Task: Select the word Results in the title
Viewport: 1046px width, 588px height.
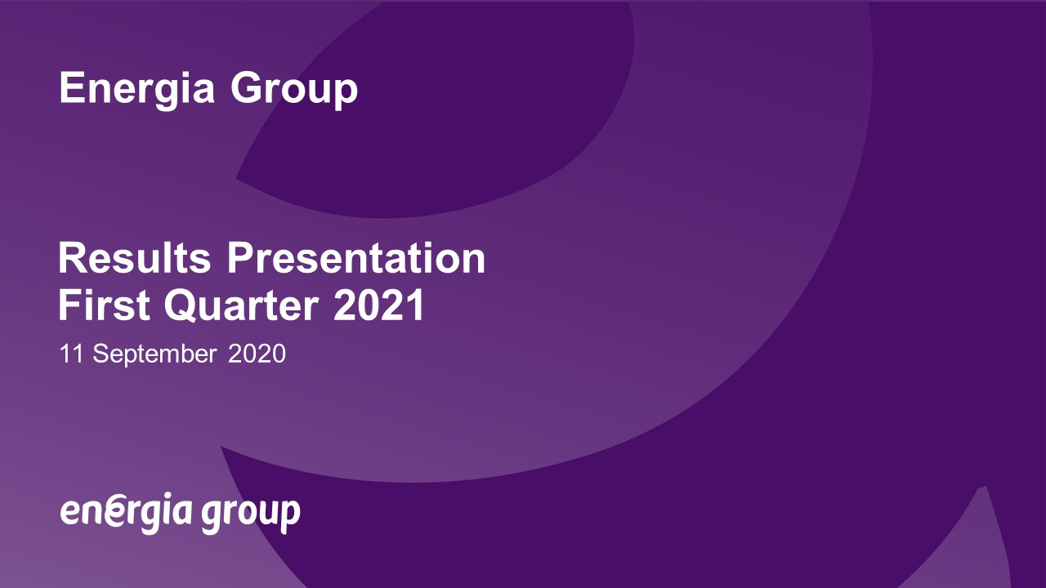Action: [x=135, y=258]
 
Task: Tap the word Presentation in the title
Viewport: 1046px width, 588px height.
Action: [x=356, y=258]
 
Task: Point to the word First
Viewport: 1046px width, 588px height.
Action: [x=104, y=305]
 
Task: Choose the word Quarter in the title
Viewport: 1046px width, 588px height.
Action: [x=241, y=305]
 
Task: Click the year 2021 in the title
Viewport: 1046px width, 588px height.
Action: [x=378, y=305]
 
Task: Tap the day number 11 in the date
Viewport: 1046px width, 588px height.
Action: [x=71, y=354]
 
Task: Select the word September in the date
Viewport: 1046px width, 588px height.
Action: [x=154, y=354]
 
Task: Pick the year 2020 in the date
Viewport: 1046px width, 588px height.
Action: [x=257, y=354]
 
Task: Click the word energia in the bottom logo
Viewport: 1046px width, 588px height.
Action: [x=126, y=512]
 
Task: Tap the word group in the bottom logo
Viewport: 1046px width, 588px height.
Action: [x=251, y=515]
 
